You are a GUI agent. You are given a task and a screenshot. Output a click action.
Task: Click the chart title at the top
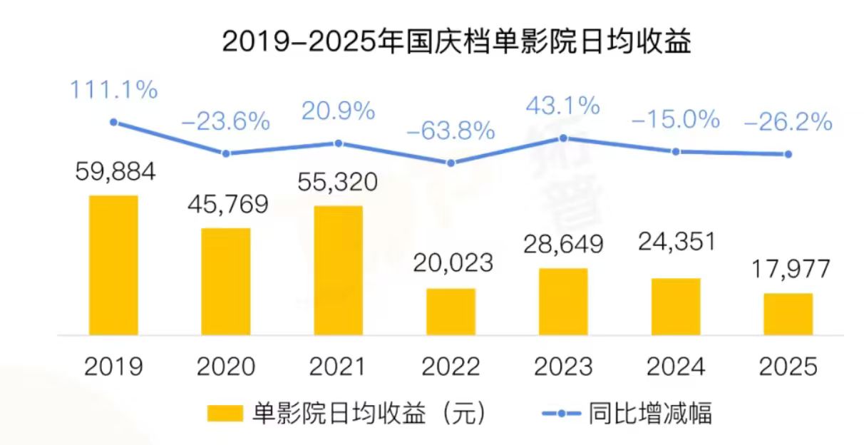(457, 42)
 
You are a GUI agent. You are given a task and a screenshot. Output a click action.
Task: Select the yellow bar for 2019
(113, 265)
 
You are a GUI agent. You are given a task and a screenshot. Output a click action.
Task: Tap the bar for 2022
(451, 312)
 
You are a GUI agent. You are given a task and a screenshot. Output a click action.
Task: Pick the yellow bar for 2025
(788, 314)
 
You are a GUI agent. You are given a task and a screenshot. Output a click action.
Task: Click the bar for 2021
(338, 270)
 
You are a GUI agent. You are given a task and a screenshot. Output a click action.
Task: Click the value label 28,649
(563, 244)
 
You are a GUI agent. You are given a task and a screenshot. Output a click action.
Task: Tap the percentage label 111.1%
(113, 91)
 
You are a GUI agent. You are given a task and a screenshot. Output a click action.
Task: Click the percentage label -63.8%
(451, 131)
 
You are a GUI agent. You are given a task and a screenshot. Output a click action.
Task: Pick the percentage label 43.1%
(563, 107)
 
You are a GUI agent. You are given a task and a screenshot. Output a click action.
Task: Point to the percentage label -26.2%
(788, 122)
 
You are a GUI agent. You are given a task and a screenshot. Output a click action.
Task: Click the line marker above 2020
(226, 153)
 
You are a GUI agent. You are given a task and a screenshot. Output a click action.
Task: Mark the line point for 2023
(563, 137)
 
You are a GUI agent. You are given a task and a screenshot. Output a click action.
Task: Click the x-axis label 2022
(451, 367)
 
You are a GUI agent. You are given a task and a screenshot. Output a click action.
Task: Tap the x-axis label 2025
(788, 367)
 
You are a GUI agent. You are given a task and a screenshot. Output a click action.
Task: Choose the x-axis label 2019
(113, 367)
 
